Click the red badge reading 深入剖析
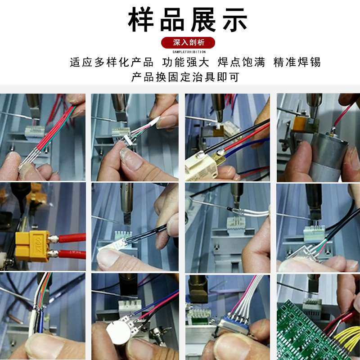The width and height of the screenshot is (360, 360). [189, 43]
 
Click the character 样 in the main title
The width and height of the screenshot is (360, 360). [143, 20]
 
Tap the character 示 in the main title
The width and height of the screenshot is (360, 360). [233, 20]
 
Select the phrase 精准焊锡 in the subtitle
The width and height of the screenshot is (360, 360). [297, 62]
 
